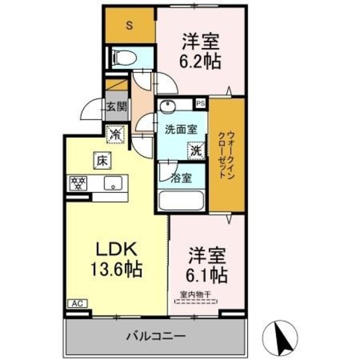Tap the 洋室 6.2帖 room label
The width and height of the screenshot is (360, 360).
pyautogui.click(x=200, y=50)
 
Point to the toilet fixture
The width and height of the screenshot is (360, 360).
pyautogui.click(x=124, y=57)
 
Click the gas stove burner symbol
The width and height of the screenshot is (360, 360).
pyautogui.click(x=77, y=183)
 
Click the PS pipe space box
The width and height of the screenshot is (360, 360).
pyautogui.click(x=200, y=103)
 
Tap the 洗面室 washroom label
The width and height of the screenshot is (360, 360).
pyautogui.click(x=181, y=129)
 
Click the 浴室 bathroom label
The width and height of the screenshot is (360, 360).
pyautogui.click(x=182, y=178)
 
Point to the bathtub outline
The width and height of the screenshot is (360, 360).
pyautogui.click(x=182, y=200)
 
